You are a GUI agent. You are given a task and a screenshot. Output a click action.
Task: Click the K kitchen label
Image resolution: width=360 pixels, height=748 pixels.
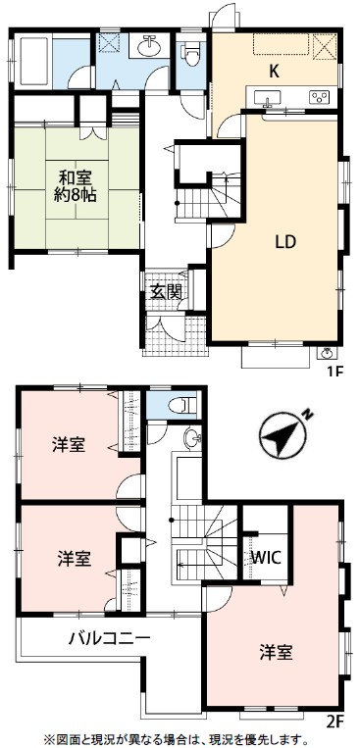(x=274, y=72)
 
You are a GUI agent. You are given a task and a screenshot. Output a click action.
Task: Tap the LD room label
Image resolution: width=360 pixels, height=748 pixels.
(x=285, y=242)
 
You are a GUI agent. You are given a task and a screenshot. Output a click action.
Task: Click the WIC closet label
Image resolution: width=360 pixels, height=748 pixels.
(x=268, y=557)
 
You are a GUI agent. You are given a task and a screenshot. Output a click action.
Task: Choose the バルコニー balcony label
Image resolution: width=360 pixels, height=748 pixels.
(x=109, y=638)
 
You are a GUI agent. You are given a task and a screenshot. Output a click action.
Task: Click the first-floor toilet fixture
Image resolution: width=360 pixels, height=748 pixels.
(x=191, y=53)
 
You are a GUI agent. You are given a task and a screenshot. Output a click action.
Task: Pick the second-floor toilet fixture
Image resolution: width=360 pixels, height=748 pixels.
(x=181, y=405)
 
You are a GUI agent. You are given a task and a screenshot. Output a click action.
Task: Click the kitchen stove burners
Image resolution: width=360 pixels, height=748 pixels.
(x=318, y=97)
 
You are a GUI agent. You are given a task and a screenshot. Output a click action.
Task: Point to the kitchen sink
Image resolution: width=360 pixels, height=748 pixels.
(x=267, y=99)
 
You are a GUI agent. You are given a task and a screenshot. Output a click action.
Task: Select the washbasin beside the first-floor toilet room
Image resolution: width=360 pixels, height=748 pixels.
(x=148, y=46)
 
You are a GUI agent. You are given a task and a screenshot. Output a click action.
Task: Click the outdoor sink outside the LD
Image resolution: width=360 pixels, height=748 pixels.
(x=327, y=354)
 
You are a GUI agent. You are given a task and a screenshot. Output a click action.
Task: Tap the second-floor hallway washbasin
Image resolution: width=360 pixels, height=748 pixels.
(x=193, y=437)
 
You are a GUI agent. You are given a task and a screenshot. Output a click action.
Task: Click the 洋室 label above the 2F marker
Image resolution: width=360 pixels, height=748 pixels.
(x=277, y=652)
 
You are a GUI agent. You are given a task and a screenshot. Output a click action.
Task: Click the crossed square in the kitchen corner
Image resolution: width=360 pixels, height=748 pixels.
(x=325, y=46)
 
